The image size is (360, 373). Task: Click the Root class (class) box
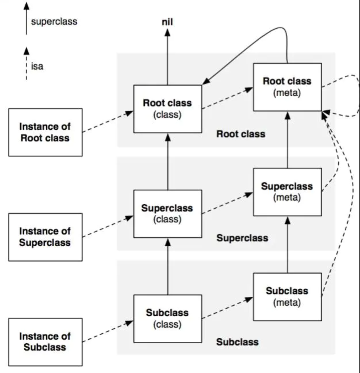tap(168, 109)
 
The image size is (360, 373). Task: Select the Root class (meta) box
tap(287, 87)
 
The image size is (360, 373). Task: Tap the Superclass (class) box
tap(168, 214)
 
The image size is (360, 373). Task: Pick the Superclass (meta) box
tap(287, 192)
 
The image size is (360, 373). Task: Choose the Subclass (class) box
tap(168, 318)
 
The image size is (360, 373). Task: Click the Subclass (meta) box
tap(287, 297)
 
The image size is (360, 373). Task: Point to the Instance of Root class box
tap(45, 132)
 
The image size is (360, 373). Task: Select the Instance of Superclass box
tap(45, 237)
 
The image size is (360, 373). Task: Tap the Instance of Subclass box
tap(45, 342)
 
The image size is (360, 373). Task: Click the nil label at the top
tap(167, 22)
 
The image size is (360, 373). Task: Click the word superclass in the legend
tap(54, 22)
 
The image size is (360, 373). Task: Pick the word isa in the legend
tap(37, 66)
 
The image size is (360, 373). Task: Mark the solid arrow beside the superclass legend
tap(26, 19)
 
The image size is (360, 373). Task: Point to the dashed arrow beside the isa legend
tap(26, 64)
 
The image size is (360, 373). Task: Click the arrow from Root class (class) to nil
tap(167, 57)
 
